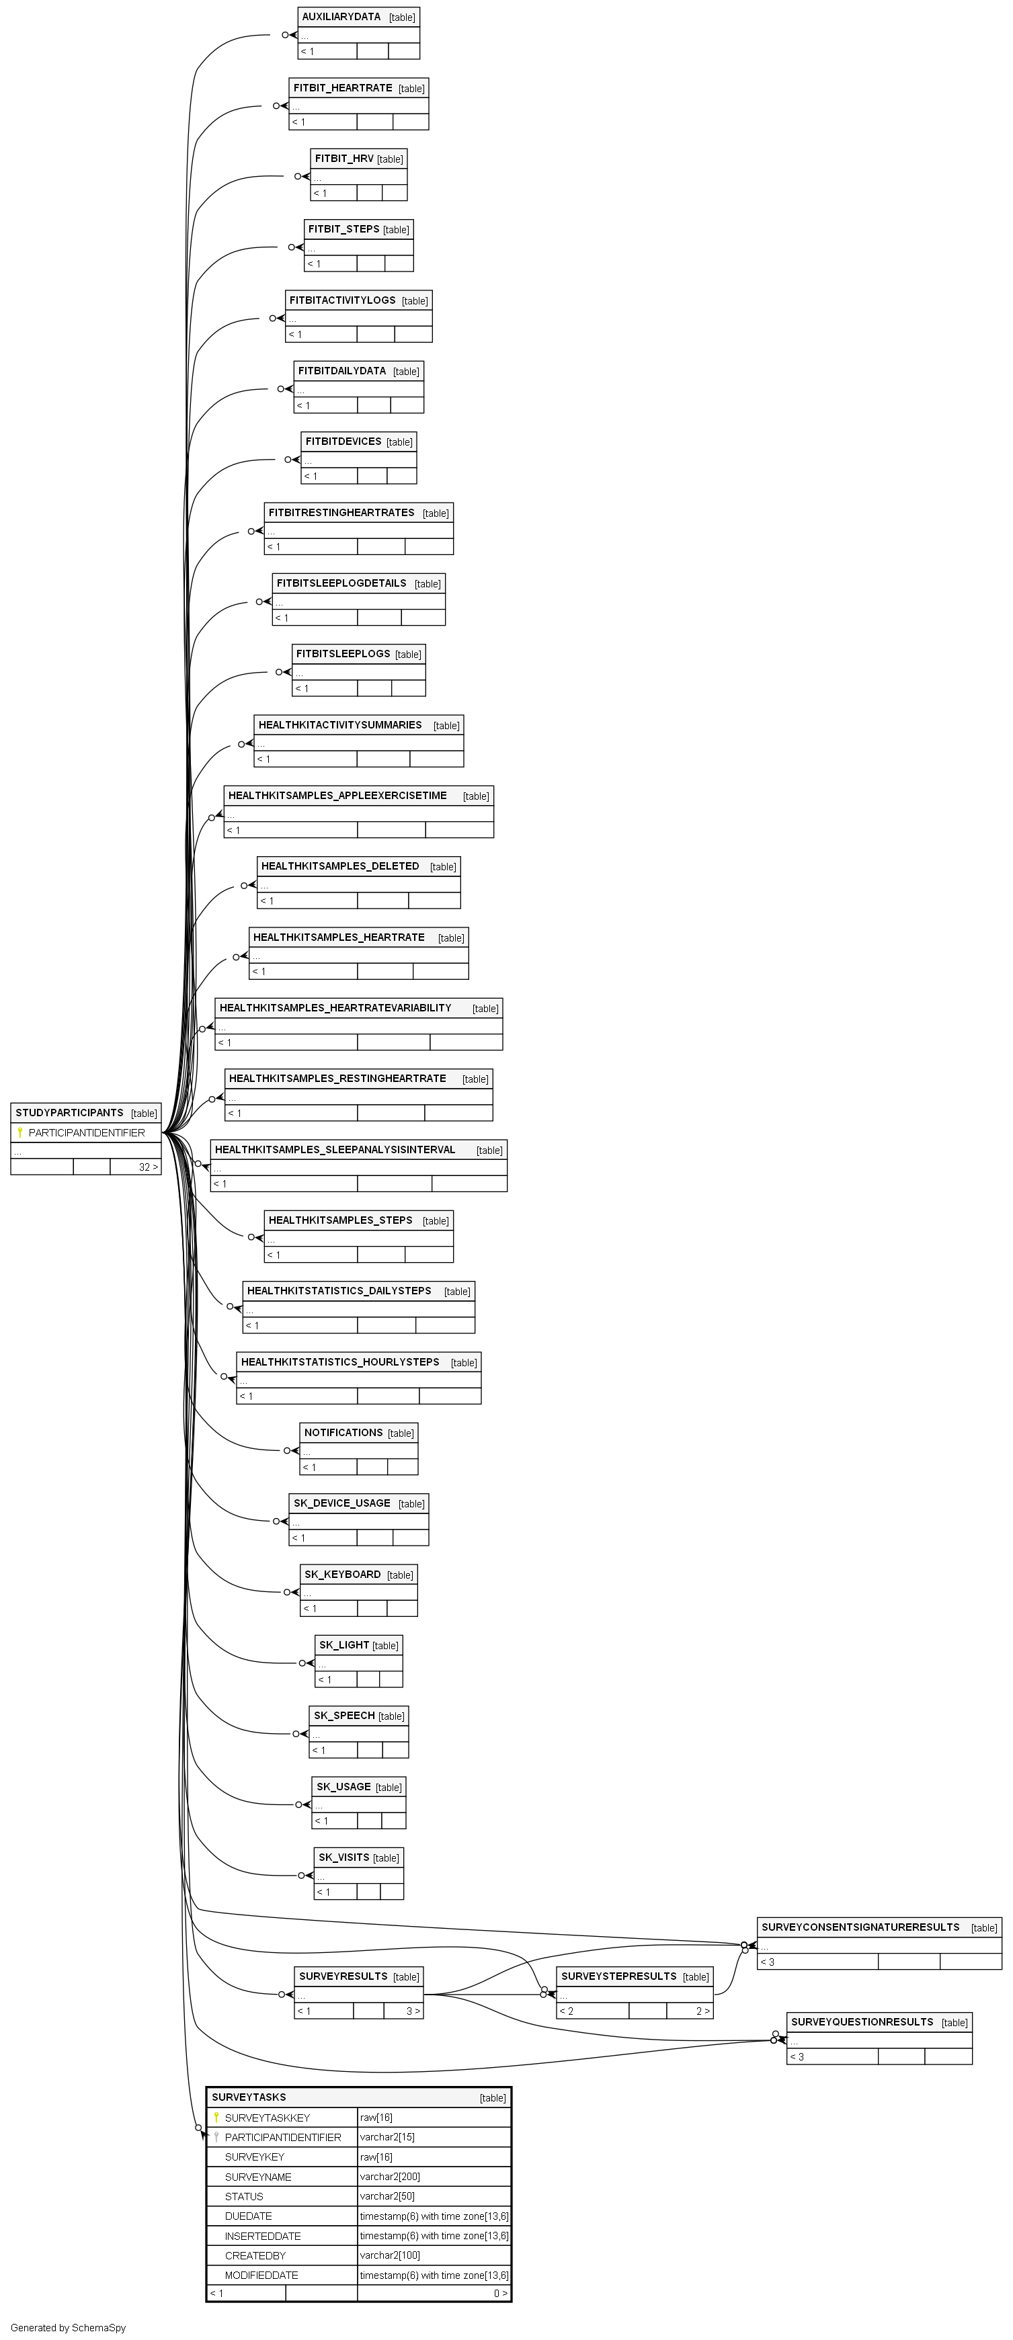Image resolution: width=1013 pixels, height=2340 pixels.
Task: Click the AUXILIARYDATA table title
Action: (x=341, y=17)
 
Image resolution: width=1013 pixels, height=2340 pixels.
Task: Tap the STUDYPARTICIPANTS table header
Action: (x=69, y=1113)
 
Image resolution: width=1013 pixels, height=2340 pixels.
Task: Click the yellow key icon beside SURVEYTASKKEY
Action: (x=216, y=2118)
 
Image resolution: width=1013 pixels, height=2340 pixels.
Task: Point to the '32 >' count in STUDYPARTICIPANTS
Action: (x=148, y=1167)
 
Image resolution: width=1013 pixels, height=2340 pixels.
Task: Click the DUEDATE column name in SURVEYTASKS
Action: (x=248, y=2216)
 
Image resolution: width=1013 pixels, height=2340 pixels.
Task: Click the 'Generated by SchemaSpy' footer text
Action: (x=68, y=2328)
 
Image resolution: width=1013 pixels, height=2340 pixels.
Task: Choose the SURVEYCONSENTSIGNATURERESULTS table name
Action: (x=860, y=1927)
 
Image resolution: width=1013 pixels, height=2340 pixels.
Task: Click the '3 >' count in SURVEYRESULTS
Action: (x=413, y=2011)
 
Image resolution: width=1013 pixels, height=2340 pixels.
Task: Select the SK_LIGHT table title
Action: (x=344, y=1645)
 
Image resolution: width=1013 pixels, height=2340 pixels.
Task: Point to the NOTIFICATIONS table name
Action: (x=343, y=1433)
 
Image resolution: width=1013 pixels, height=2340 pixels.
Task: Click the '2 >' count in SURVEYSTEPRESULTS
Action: (x=703, y=2011)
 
